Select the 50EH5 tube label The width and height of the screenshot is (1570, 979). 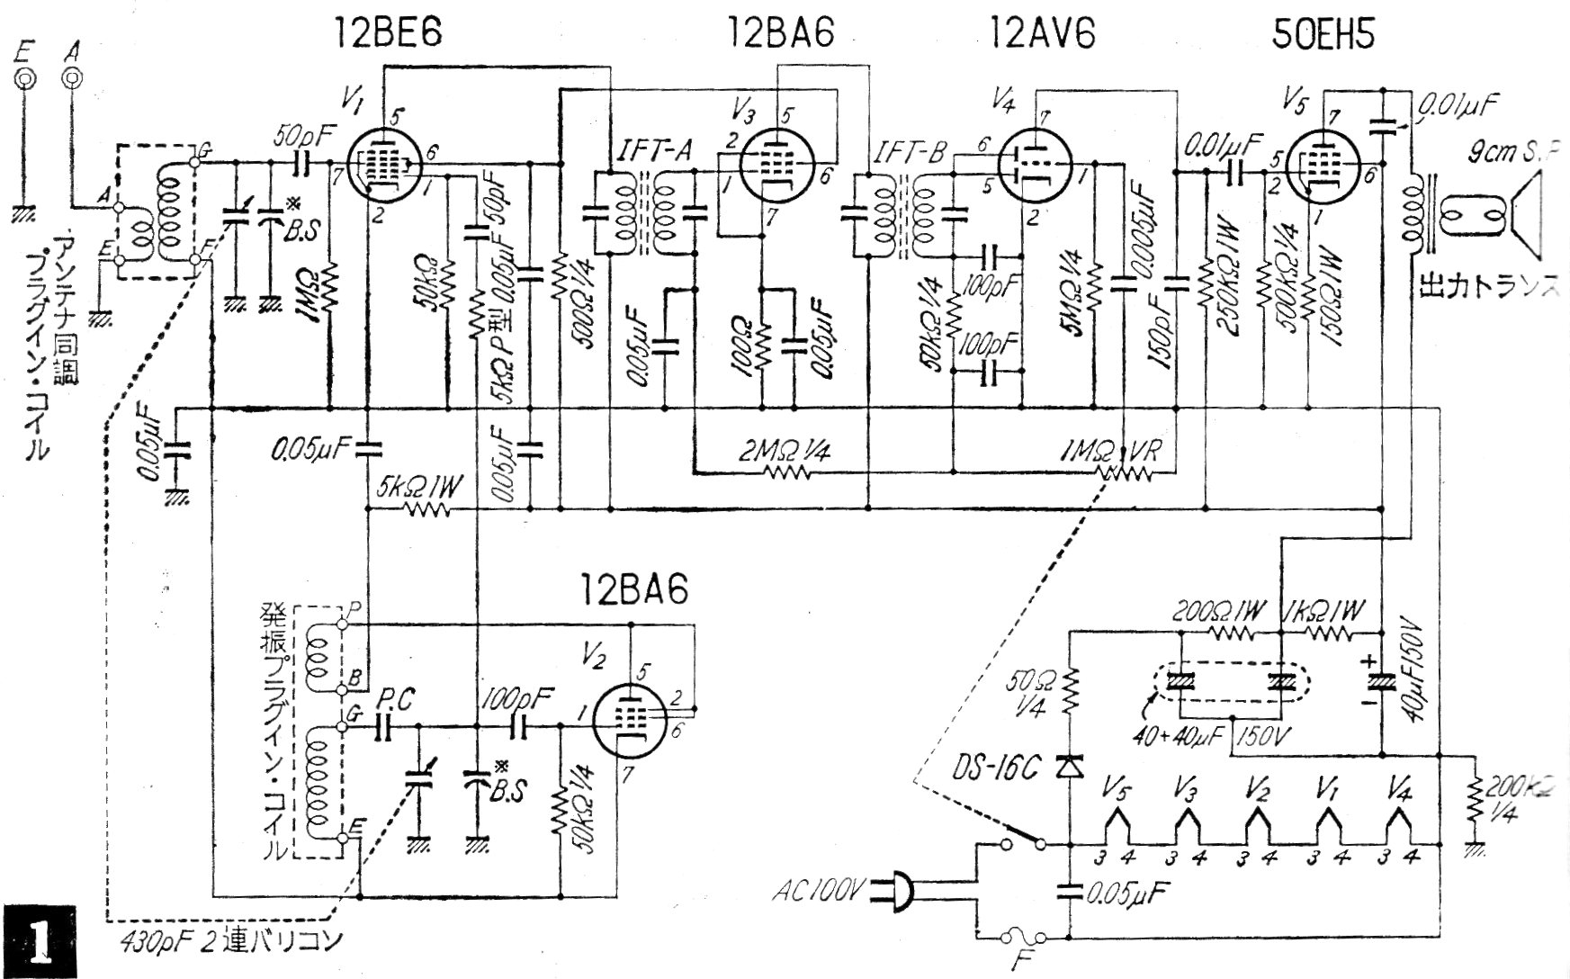click(x=1323, y=34)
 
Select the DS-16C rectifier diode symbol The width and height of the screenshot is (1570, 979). click(x=1070, y=766)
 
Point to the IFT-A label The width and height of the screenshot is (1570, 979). click(x=654, y=154)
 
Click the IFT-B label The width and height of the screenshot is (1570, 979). click(x=908, y=155)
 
